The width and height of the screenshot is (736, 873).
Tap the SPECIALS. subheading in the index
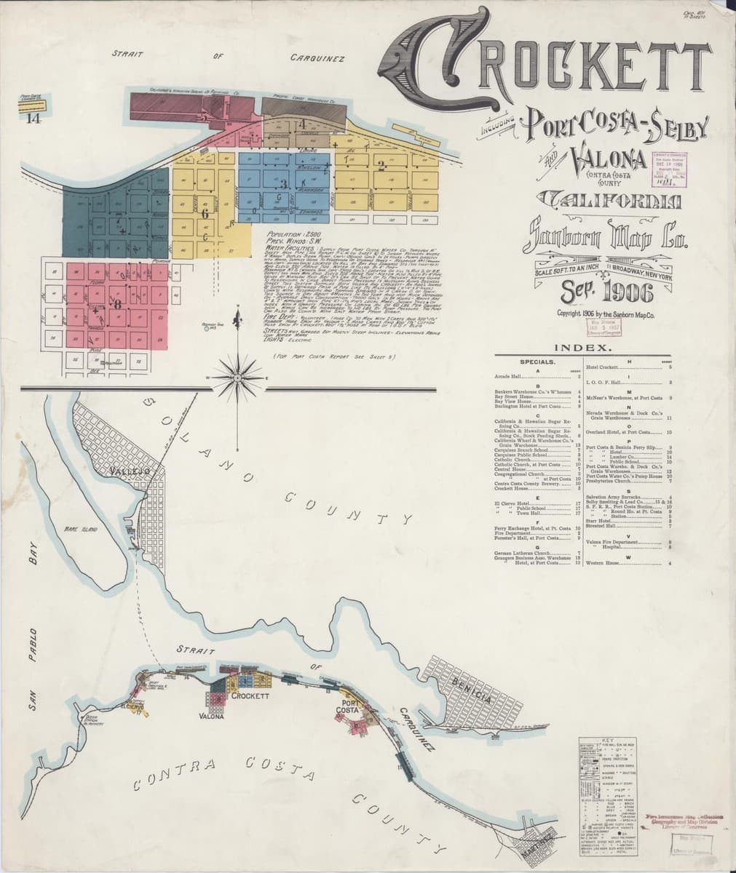point(538,362)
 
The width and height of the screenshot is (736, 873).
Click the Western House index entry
point(604,563)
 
